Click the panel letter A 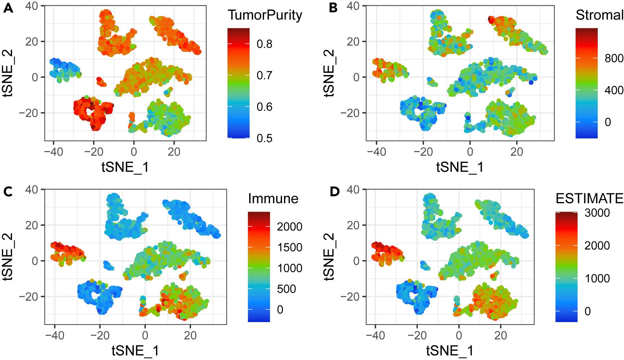pyautogui.click(x=8, y=8)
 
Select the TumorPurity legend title pyautogui.click(x=265, y=15)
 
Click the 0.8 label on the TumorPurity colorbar pyautogui.click(x=264, y=44)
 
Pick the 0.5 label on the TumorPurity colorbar pyautogui.click(x=264, y=138)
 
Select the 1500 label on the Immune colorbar pyautogui.click(x=289, y=247)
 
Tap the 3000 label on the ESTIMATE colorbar pyautogui.click(x=597, y=213)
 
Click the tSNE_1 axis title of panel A pyautogui.click(x=125, y=167)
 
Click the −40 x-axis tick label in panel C pyautogui.click(x=55, y=335)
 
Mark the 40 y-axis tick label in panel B pyautogui.click(x=353, y=6)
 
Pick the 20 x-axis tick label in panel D pyautogui.click(x=500, y=335)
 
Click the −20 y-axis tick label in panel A pyautogui.click(x=28, y=113)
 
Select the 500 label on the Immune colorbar pyautogui.click(x=286, y=289)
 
